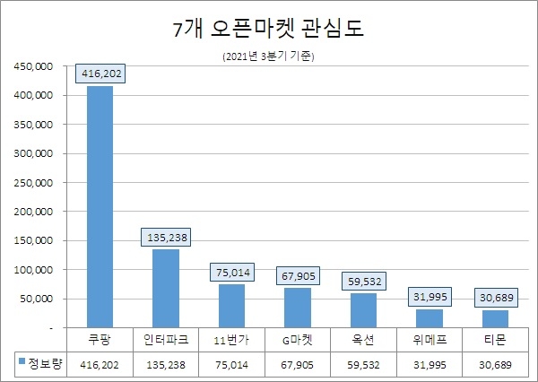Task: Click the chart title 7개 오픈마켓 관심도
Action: [x=268, y=30]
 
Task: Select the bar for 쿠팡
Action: [x=100, y=206]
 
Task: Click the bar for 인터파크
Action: [x=166, y=288]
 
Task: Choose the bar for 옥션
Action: [x=363, y=310]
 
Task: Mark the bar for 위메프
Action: [x=430, y=318]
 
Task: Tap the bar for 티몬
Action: [x=495, y=318]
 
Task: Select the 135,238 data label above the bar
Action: [x=167, y=239]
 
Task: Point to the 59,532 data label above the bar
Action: [x=364, y=282]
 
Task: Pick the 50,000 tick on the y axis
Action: [x=39, y=299]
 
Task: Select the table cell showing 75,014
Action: [x=231, y=366]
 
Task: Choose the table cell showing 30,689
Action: [x=495, y=366]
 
